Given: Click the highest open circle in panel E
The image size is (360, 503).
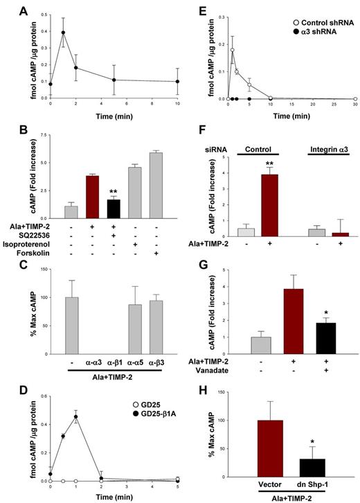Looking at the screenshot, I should point(233,50).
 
